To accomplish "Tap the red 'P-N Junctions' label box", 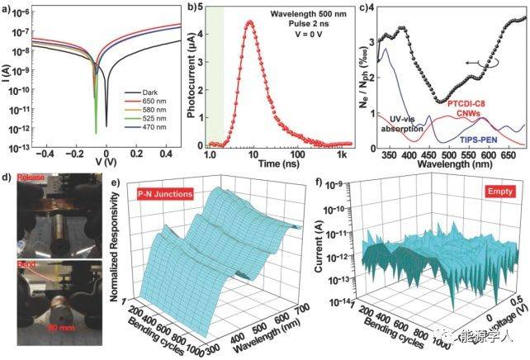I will click(166, 193).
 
